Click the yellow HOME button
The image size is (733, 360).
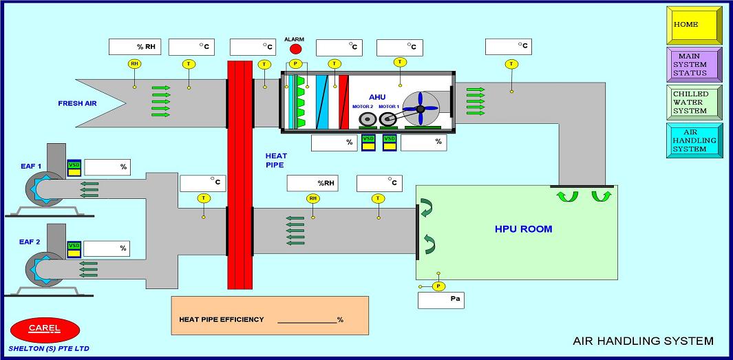[x=694, y=25]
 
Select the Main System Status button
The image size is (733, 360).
[x=694, y=64]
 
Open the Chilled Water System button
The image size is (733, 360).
[x=694, y=103]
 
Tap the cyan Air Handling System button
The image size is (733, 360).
[x=694, y=140]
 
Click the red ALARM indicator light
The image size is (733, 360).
[x=296, y=50]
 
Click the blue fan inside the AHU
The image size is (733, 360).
[x=420, y=108]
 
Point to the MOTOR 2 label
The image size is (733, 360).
[x=363, y=107]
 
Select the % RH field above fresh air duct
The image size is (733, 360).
[x=135, y=47]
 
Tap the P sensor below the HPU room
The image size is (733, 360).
[x=439, y=286]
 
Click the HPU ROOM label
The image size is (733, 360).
[x=523, y=229]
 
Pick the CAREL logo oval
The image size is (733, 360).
[x=45, y=329]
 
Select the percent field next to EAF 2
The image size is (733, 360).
[x=106, y=248]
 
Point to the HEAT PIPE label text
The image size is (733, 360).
[x=275, y=160]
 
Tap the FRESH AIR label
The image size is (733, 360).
[x=80, y=103]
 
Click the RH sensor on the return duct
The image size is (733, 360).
[x=313, y=198]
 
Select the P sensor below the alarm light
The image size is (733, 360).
[x=296, y=63]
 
